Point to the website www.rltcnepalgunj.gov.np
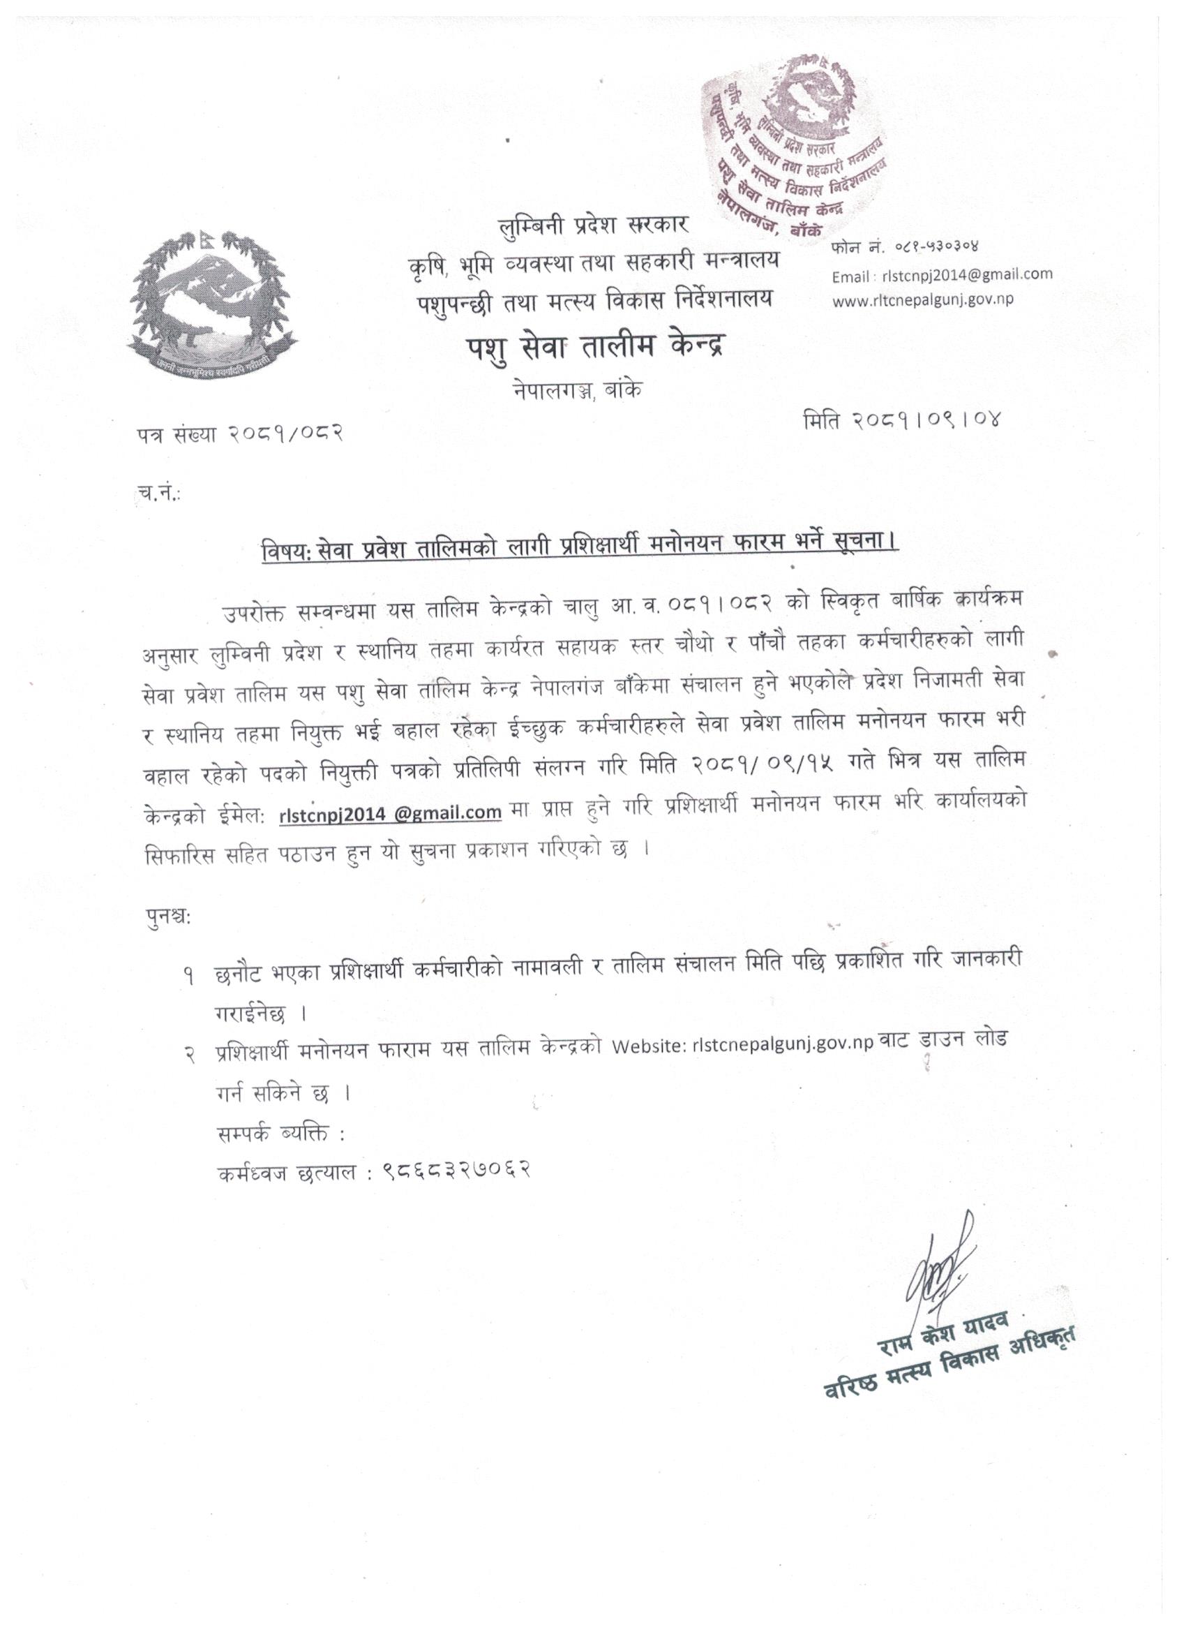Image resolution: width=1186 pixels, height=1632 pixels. (923, 300)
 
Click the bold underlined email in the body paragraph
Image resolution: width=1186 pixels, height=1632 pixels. (390, 812)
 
